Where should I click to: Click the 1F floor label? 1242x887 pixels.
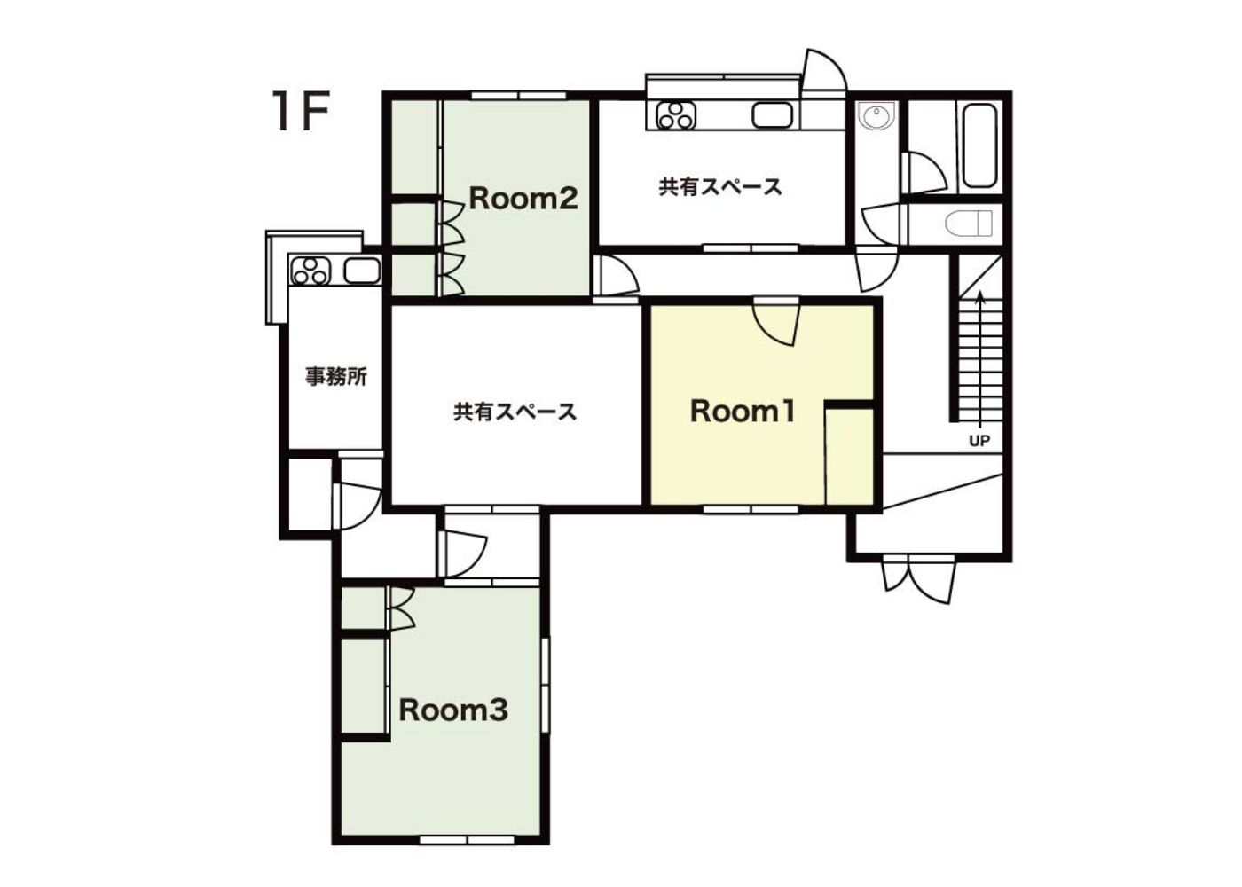tap(301, 111)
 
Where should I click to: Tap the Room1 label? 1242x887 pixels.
tap(743, 412)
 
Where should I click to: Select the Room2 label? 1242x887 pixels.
tap(523, 199)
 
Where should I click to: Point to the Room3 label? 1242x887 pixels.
tap(453, 710)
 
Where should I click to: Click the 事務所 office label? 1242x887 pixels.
tap(336, 377)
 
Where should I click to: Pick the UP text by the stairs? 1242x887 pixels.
tap(979, 441)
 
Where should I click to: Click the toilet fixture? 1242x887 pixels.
tap(968, 224)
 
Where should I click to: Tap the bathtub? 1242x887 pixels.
tap(979, 145)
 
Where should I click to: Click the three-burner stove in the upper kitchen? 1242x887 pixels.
tap(676, 116)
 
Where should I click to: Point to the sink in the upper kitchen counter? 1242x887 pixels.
tap(773, 116)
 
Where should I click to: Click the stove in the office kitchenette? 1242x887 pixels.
tap(310, 271)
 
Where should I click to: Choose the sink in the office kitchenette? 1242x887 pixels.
tap(362, 271)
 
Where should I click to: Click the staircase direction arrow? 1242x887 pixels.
tap(981, 360)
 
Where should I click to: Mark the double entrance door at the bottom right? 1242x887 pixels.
tap(919, 578)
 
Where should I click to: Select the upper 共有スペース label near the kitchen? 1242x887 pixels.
tap(720, 187)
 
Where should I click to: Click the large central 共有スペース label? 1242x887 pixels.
tap(515, 412)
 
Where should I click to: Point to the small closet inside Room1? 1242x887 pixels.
tap(850, 455)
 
